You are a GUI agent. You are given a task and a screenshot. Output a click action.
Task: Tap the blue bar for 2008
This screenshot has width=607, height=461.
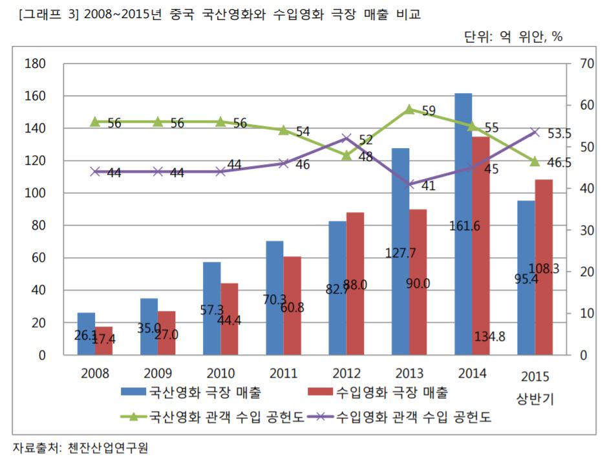[x=86, y=334]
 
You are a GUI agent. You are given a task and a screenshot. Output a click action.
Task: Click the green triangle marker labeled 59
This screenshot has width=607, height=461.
[x=409, y=109]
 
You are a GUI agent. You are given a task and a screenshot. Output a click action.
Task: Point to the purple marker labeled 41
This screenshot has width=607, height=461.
[x=409, y=184]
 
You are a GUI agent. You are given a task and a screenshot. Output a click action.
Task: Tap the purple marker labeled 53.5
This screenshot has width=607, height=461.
[x=535, y=132]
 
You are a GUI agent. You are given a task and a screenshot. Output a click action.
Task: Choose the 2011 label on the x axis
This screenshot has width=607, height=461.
[x=283, y=373]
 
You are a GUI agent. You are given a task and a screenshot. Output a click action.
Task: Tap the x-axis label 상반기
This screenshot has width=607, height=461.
[x=535, y=398]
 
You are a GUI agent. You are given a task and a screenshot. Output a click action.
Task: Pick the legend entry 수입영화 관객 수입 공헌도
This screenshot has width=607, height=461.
[x=414, y=417]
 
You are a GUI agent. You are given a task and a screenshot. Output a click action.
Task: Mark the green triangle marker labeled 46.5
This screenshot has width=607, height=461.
[x=535, y=161]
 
